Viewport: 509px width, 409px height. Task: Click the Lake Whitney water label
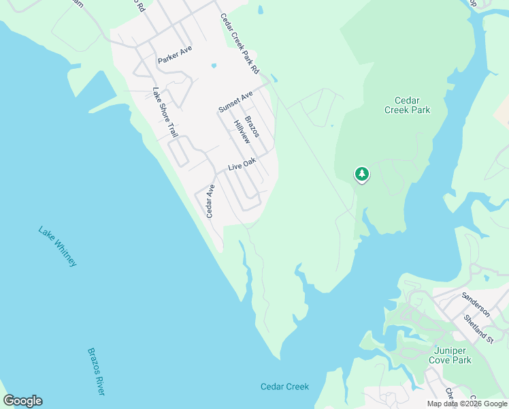coord(58,246)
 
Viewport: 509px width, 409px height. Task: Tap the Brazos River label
coord(96,372)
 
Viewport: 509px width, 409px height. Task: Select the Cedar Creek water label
coord(284,387)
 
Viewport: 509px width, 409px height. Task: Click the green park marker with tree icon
coord(362,175)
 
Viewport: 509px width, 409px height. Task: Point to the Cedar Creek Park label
coord(407,104)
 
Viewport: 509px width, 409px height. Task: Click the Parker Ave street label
coord(175,55)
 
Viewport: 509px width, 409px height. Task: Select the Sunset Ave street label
coord(235,100)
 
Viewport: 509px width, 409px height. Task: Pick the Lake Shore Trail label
coord(162,110)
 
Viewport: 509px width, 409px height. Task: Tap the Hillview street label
coord(241,131)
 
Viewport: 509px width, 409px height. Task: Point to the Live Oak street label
coord(242,164)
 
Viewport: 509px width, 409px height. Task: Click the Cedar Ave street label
coord(211,200)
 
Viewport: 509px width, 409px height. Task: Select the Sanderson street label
coord(475,304)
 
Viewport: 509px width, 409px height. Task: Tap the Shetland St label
coord(478,328)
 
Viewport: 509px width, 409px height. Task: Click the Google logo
coord(22,401)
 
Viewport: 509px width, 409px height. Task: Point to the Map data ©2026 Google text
coord(467,404)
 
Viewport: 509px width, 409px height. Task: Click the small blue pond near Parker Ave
coord(214,66)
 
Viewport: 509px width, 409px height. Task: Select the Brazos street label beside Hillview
coord(252,126)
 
